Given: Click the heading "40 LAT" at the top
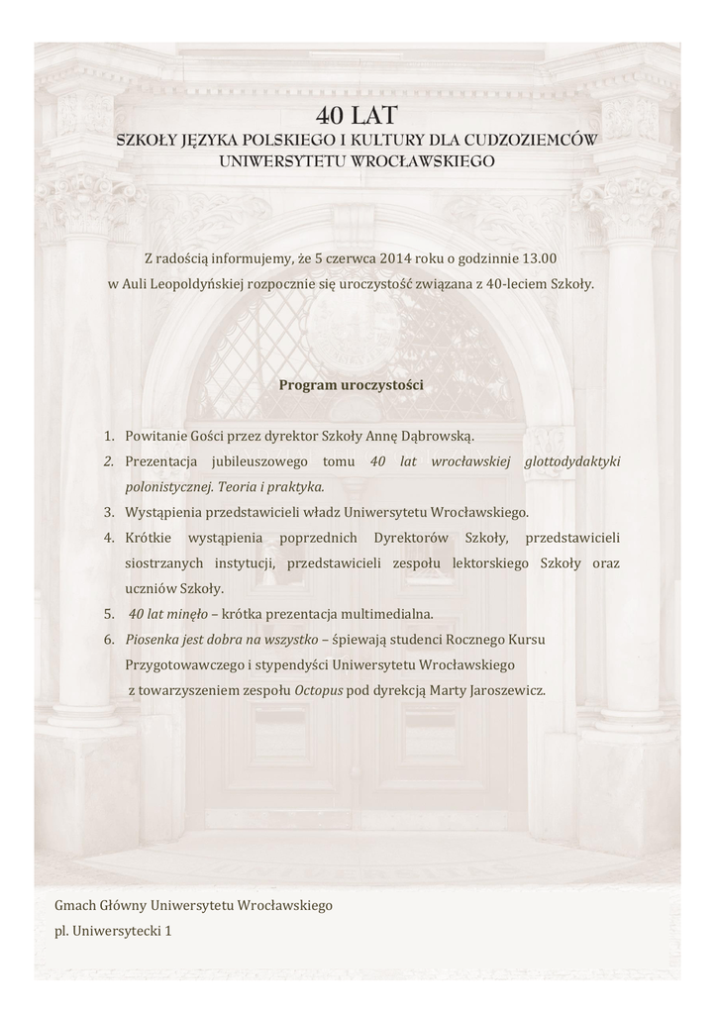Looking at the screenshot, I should pyautogui.click(x=358, y=116).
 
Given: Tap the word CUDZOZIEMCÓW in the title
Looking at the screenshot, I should pyautogui.click(x=541, y=141).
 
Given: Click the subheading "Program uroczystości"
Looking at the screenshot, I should pyautogui.click(x=351, y=384).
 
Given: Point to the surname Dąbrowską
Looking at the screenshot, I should pyautogui.click(x=438, y=436).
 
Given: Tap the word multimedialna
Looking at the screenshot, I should pyautogui.click(x=386, y=614).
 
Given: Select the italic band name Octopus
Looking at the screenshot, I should pyautogui.click(x=319, y=690).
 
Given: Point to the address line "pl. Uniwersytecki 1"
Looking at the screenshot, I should pyautogui.click(x=113, y=931).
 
